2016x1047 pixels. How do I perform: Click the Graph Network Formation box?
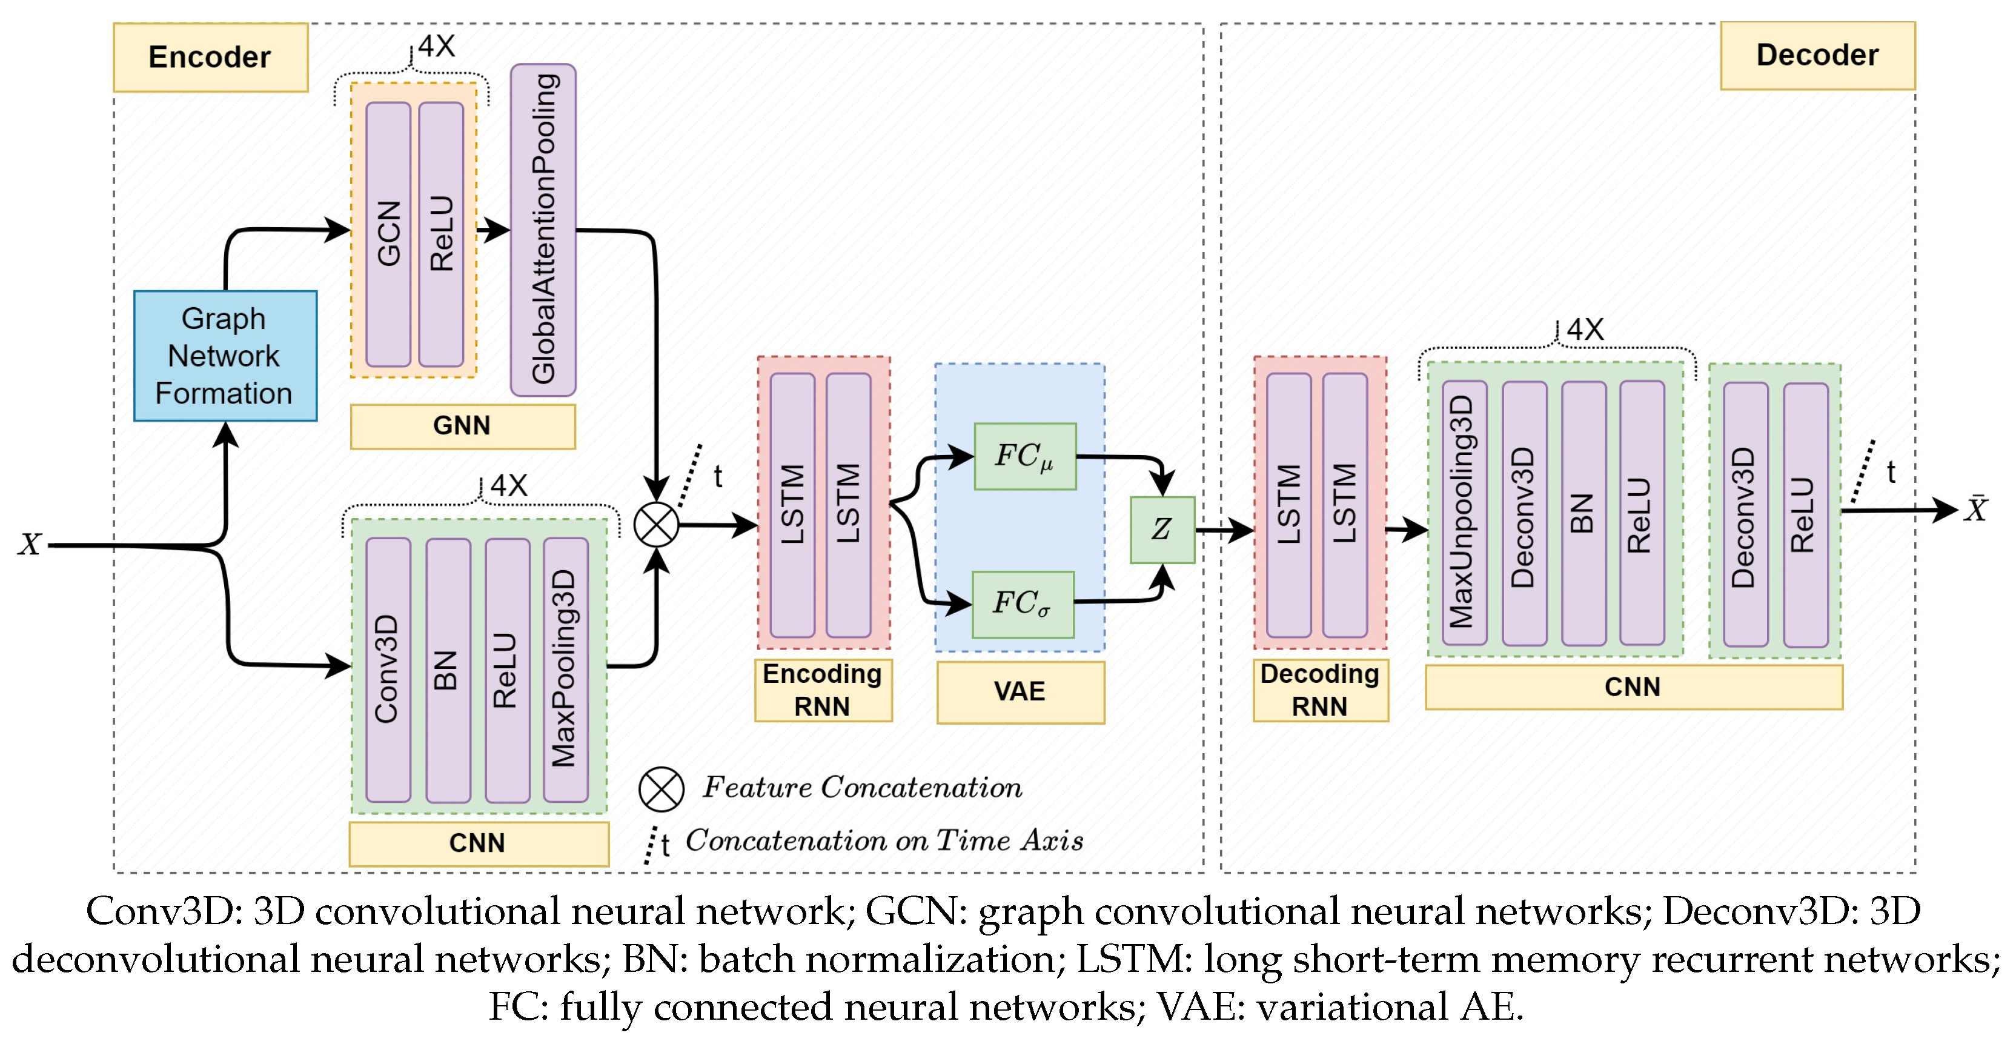click(225, 356)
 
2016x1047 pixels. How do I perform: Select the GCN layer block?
click(388, 234)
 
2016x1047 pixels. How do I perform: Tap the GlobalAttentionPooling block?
click(543, 230)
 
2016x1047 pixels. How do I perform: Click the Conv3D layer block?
click(388, 670)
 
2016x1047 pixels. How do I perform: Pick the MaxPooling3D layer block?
click(565, 670)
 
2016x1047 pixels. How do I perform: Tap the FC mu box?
click(1024, 457)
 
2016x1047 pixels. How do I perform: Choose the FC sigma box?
click(1022, 604)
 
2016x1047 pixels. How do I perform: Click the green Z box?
click(1161, 530)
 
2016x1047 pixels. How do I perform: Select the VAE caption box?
click(1020, 692)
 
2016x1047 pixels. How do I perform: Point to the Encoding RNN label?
click(823, 690)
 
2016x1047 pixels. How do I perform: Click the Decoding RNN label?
click(1320, 690)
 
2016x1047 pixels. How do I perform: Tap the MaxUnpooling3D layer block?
click(1464, 513)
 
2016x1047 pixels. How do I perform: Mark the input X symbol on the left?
click(30, 545)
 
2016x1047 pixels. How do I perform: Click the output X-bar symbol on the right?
click(1977, 510)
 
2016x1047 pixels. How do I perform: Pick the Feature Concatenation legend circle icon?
click(661, 789)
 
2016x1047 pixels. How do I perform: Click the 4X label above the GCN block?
click(436, 47)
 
